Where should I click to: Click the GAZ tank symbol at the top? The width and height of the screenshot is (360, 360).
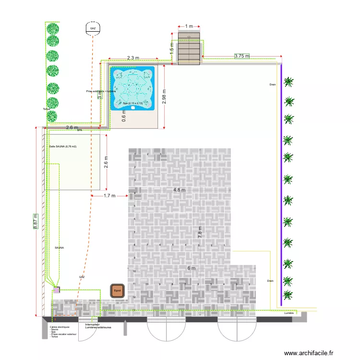click(93, 29)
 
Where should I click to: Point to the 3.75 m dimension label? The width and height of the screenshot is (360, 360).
click(242, 56)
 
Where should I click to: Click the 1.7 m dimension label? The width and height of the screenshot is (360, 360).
click(109, 196)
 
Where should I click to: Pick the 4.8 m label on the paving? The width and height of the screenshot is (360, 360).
click(179, 190)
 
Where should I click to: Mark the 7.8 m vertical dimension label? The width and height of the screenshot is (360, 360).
click(201, 232)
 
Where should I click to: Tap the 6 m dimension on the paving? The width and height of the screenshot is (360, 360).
click(192, 268)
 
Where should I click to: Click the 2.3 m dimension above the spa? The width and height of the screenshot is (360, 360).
click(133, 58)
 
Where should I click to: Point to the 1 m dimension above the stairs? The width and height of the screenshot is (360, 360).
click(189, 26)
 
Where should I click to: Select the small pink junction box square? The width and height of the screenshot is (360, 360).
click(57, 290)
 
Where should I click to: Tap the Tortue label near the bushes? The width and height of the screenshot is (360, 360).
click(46, 109)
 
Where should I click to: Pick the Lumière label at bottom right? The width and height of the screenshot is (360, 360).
click(288, 313)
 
